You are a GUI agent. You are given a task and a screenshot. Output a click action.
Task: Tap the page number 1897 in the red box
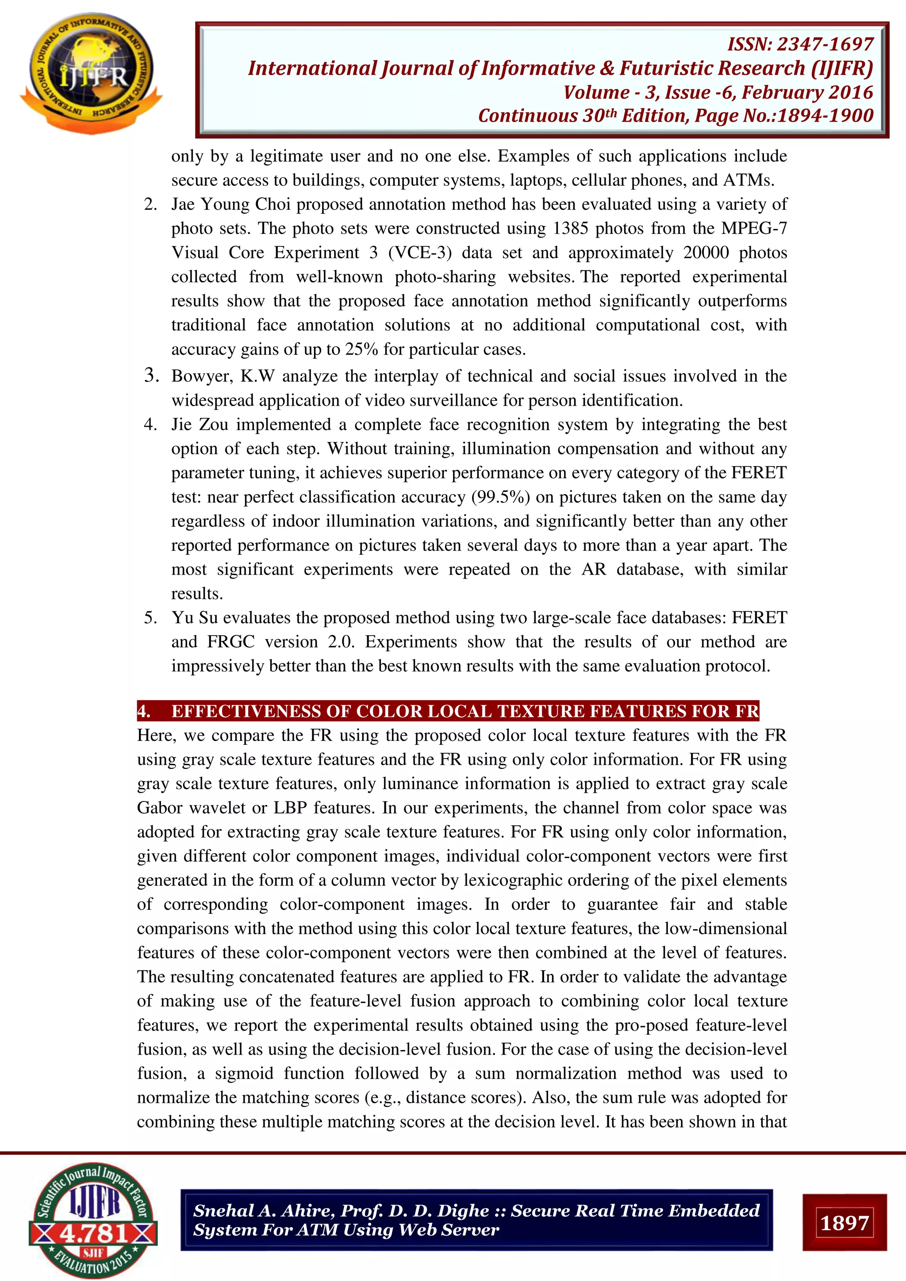pyautogui.click(x=844, y=1223)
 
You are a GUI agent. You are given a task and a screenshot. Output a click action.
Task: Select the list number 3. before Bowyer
pyautogui.click(x=151, y=376)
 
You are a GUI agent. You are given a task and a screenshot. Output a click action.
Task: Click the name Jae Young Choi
pyautogui.click(x=231, y=204)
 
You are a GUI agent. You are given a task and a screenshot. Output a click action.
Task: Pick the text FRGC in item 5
pyautogui.click(x=230, y=642)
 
